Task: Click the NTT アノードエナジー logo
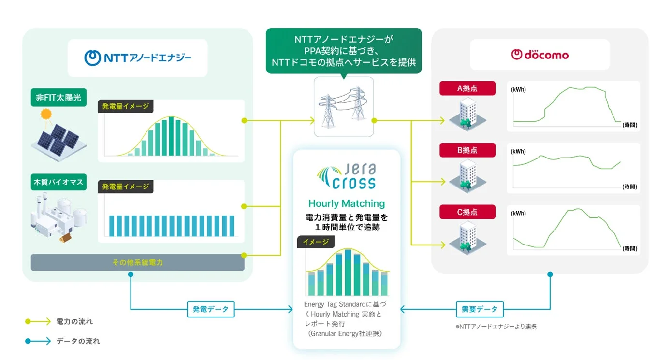(x=138, y=58)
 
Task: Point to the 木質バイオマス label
(x=58, y=182)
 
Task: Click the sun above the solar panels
(x=46, y=115)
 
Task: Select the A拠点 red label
(x=467, y=88)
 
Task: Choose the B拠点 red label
(x=467, y=150)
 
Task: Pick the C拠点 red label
(x=467, y=212)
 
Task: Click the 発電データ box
(x=210, y=309)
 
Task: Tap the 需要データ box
(x=480, y=309)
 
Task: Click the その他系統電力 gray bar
(x=137, y=262)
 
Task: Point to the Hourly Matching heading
(x=347, y=203)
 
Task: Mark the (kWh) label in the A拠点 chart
(x=518, y=90)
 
